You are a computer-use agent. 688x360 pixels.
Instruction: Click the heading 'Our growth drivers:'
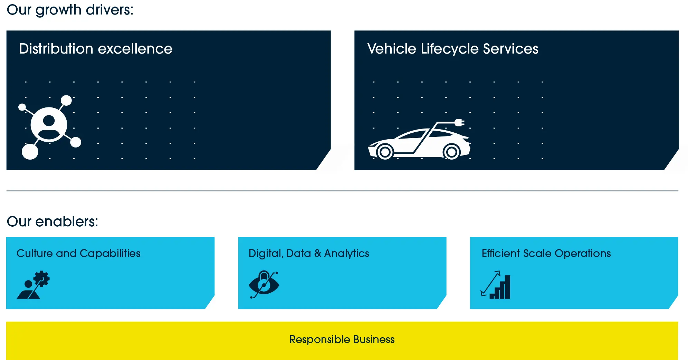pos(70,10)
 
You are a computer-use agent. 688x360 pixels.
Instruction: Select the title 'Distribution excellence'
pos(96,49)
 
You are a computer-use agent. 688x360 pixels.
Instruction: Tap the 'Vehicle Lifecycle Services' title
pos(453,49)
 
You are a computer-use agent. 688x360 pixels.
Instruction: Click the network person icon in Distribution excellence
pos(49,127)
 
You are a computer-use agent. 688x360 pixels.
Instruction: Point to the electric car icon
pos(419,140)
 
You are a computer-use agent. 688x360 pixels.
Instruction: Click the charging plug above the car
pos(459,122)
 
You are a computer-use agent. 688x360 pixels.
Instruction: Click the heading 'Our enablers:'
pos(52,221)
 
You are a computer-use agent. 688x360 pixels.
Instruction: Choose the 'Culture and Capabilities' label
pos(78,253)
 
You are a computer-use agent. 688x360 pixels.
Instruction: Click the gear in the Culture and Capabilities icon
pos(42,278)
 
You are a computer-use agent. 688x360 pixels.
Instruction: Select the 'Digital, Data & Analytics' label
pos(309,253)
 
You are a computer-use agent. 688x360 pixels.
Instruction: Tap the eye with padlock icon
pos(264,284)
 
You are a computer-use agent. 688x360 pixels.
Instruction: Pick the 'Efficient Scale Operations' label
pos(546,253)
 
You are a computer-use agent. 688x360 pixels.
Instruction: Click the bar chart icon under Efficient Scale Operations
pos(500,287)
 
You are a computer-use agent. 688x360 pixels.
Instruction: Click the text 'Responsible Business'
pos(342,339)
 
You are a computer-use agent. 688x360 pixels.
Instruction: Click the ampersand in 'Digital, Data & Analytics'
pos(318,253)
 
